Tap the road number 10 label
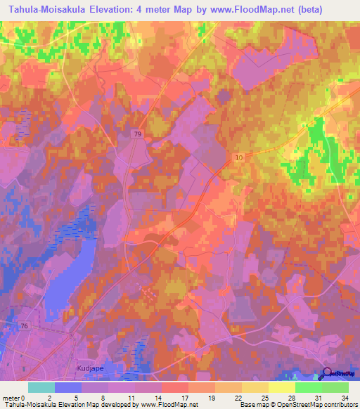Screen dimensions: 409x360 pos(240,158)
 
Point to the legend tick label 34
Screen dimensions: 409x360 pos(344,396)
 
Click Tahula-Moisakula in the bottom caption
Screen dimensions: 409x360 pos(29,405)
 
